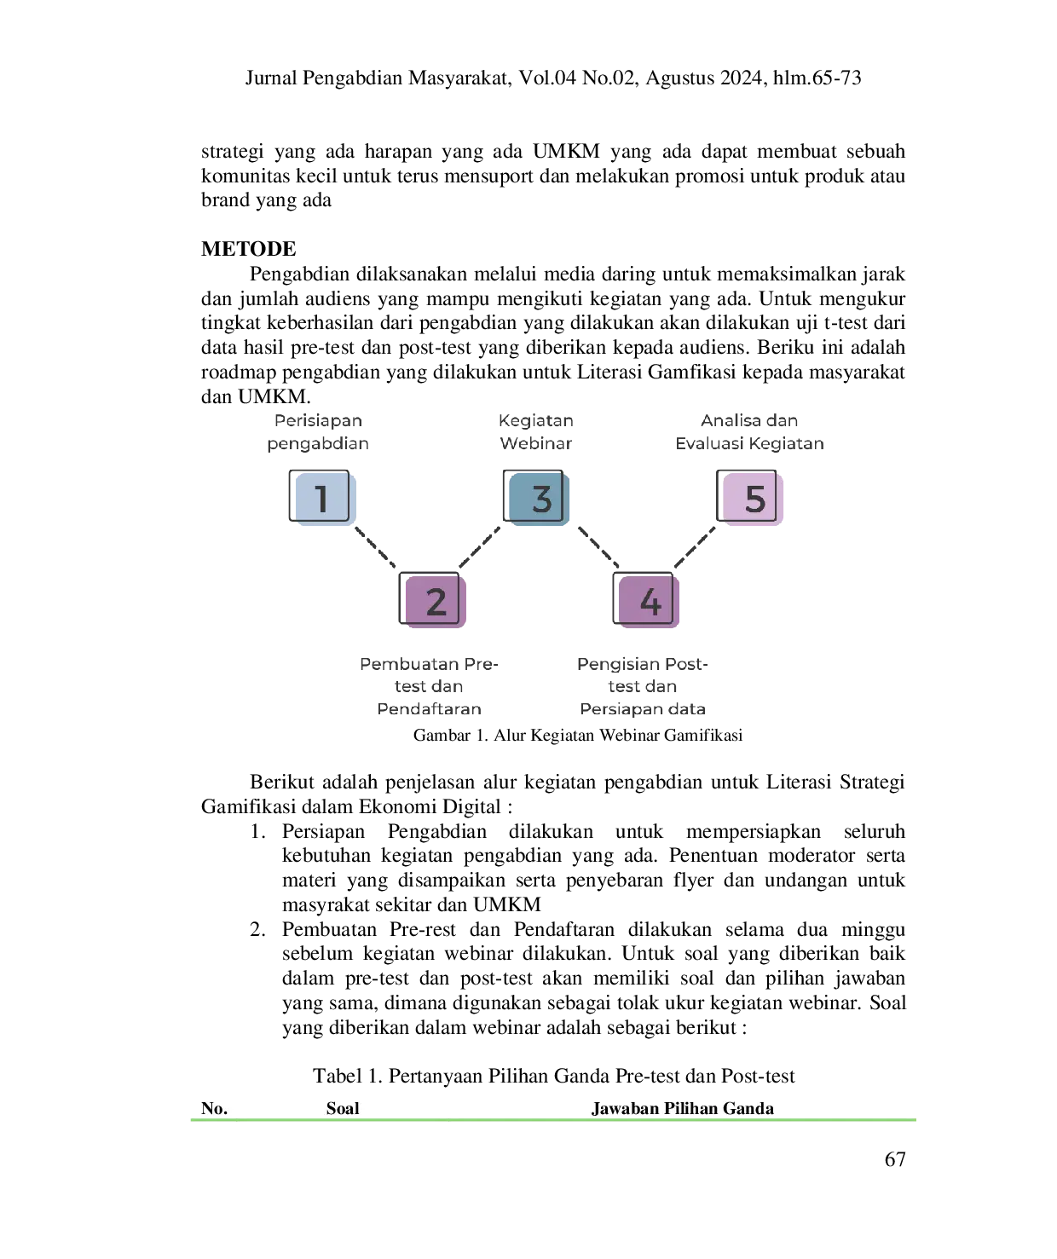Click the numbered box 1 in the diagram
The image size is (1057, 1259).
point(322,498)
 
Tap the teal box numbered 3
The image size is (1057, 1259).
point(536,498)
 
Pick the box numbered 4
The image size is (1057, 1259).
point(646,600)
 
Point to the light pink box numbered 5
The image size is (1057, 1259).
point(749,498)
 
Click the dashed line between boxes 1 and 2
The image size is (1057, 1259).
point(374,547)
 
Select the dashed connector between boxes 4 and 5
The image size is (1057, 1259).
point(695,547)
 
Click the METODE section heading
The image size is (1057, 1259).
point(248,248)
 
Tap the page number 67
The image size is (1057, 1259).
point(895,1159)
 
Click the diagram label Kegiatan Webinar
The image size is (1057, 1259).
point(535,431)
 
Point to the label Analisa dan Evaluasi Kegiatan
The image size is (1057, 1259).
point(749,431)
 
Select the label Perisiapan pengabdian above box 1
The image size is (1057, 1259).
point(318,431)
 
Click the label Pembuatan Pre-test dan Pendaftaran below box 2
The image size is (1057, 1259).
point(429,685)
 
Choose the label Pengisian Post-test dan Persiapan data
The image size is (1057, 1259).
point(642,685)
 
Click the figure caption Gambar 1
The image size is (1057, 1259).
point(578,735)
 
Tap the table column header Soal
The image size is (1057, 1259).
point(343,1108)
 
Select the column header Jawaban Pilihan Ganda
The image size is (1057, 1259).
point(683,1108)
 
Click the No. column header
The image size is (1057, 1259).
point(214,1108)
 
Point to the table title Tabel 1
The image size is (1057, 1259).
point(553,1076)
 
